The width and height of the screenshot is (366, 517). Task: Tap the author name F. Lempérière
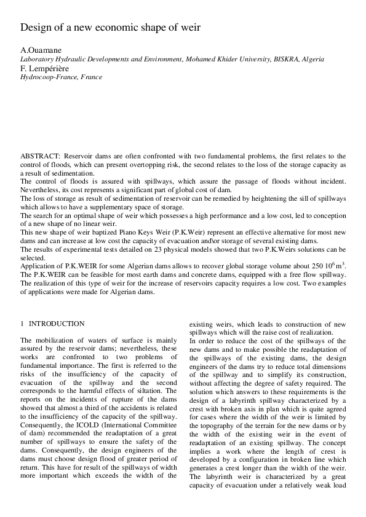(x=44, y=69)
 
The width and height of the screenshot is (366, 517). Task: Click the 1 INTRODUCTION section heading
(x=53, y=324)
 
